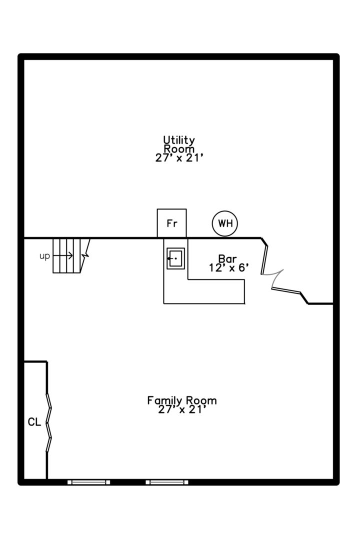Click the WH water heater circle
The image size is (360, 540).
[225, 223]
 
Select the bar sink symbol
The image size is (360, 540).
[175, 258]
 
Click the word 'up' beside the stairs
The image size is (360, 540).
[45, 256]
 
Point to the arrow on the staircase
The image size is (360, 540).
[63, 255]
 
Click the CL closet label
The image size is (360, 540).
[34, 422]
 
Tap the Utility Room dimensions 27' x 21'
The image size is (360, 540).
[179, 158]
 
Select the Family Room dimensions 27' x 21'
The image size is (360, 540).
[182, 409]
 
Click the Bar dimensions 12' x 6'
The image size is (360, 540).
[228, 267]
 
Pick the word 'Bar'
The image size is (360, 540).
[227, 258]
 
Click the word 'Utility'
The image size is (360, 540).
[179, 140]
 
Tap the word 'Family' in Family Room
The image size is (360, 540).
[164, 400]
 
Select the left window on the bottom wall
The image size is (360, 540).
[88, 482]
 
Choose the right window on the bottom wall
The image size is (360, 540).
[166, 482]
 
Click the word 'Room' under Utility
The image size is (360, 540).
[179, 149]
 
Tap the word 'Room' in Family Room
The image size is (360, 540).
[201, 400]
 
